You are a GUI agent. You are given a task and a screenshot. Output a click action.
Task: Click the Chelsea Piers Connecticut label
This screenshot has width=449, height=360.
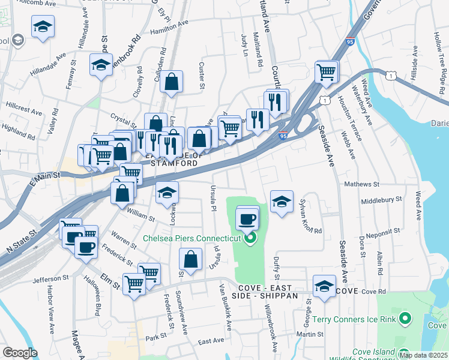point(191,238)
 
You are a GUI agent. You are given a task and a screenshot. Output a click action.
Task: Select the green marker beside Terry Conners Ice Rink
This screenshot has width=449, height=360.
point(405,319)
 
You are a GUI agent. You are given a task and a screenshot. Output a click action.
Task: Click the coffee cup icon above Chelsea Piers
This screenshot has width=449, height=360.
point(247,220)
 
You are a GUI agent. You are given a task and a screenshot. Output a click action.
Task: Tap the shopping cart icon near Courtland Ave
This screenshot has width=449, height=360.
point(326,73)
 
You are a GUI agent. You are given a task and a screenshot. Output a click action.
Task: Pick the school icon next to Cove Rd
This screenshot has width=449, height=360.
point(324,286)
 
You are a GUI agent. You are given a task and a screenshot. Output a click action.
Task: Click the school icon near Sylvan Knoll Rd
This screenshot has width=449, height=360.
point(280,202)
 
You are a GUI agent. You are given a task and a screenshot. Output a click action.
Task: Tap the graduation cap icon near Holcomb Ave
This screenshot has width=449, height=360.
point(43,27)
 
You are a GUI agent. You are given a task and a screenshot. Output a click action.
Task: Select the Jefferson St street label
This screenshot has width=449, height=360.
point(50,279)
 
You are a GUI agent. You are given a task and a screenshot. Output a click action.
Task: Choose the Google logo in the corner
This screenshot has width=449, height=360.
point(20,353)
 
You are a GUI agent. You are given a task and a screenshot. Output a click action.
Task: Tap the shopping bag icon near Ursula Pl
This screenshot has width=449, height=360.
point(190,259)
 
